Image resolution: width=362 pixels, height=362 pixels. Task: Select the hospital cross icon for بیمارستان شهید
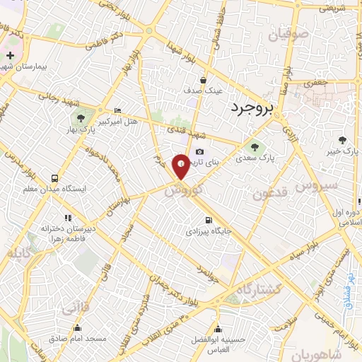coord(10,56)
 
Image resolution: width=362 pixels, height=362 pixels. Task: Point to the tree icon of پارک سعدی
coord(255,148)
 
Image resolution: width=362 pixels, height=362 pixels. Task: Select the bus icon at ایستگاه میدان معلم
coord(54,178)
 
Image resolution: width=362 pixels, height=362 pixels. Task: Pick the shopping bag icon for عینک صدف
coord(203,80)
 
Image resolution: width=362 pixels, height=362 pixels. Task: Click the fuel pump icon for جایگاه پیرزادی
coord(208,219)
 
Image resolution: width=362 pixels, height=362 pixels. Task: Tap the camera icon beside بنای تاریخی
coord(199,152)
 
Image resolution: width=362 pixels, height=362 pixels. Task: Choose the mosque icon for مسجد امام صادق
coord(77,327)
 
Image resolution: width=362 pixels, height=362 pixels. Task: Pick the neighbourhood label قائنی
coord(75,309)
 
